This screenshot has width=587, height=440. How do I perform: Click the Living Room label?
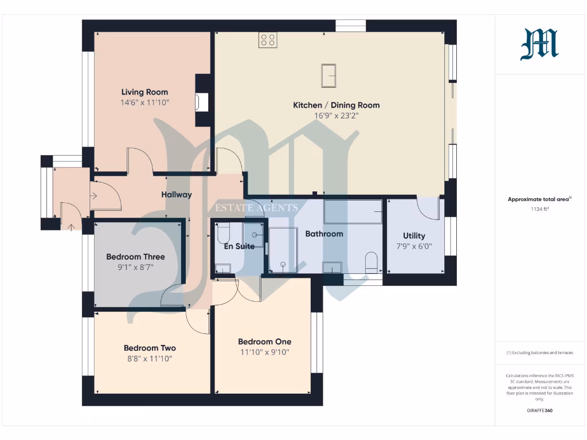(x=144, y=92)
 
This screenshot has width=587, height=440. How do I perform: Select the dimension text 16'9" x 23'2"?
(x=336, y=115)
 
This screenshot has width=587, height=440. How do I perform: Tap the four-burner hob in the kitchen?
(x=268, y=40)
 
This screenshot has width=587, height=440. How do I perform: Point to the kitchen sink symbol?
(x=328, y=76)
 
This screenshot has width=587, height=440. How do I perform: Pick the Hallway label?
(x=176, y=194)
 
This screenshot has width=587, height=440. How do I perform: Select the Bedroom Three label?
(x=135, y=257)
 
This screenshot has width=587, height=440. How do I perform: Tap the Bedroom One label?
(x=264, y=341)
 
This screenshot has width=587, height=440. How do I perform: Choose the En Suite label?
(x=238, y=246)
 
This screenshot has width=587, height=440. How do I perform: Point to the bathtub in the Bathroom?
(x=353, y=211)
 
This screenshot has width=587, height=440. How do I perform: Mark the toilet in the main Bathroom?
(x=371, y=262)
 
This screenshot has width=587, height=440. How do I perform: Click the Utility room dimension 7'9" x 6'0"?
(x=414, y=246)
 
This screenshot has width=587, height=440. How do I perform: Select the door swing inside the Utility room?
(x=426, y=209)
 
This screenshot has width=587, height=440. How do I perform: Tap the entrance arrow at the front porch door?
(x=71, y=227)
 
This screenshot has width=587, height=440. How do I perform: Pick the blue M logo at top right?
(x=539, y=45)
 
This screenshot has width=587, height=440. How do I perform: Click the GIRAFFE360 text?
(x=539, y=410)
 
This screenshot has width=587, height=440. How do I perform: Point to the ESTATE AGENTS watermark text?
(x=256, y=208)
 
